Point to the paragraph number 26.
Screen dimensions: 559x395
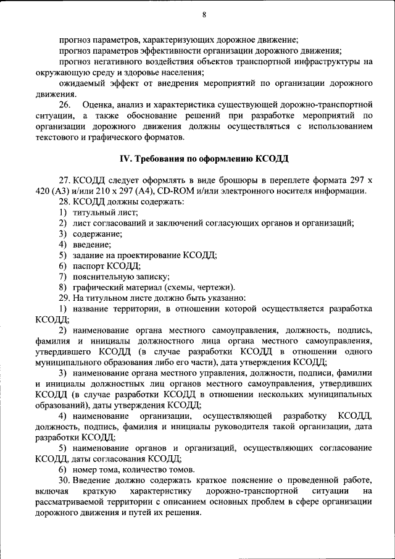[65, 104]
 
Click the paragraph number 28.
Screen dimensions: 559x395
[65, 201]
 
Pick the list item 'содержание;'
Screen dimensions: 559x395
[97, 233]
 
